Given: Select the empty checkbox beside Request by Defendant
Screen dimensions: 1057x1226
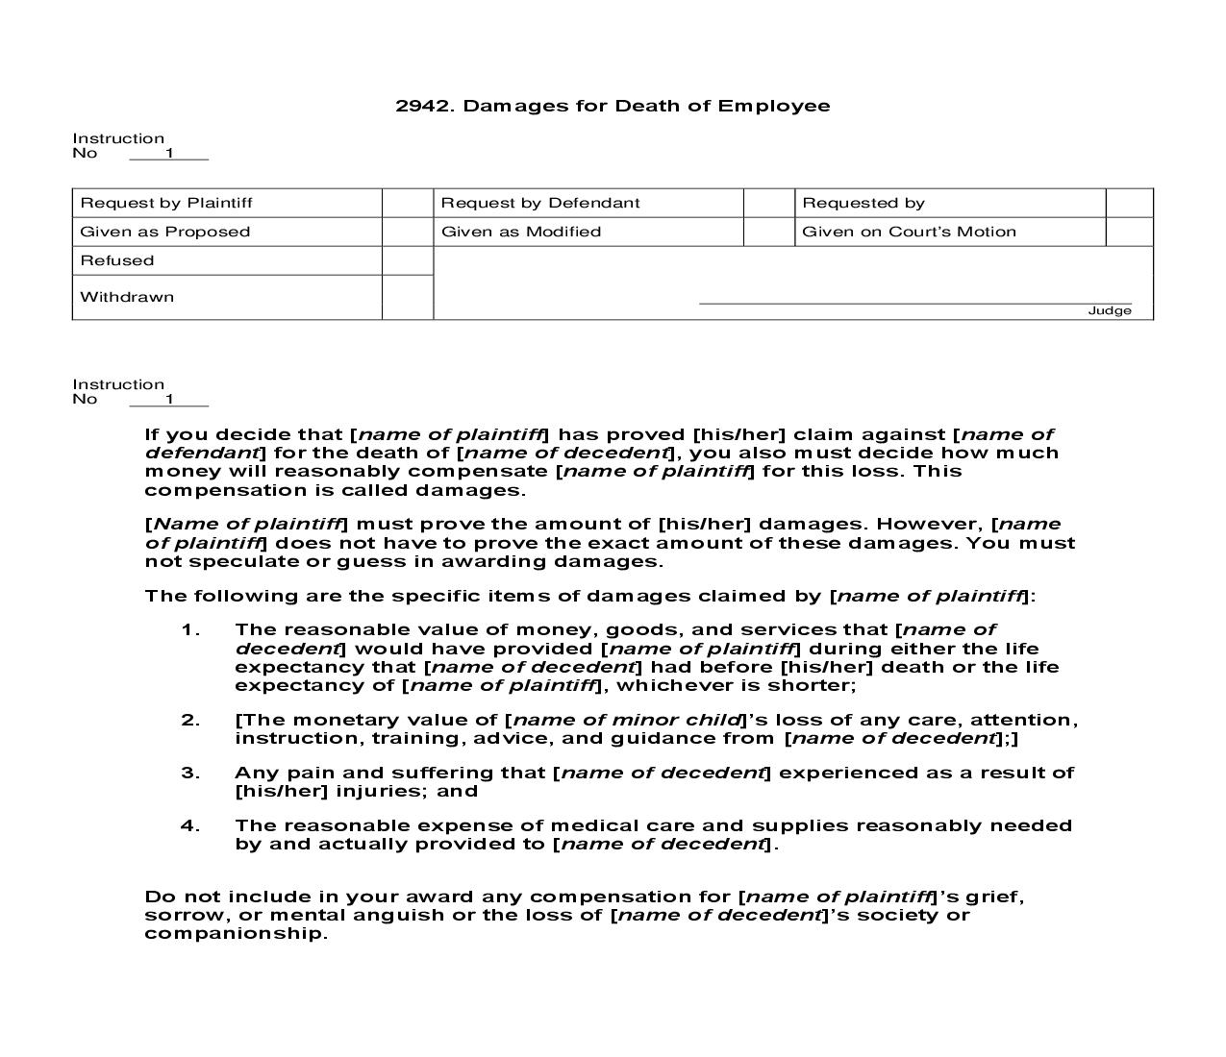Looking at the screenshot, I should (768, 203).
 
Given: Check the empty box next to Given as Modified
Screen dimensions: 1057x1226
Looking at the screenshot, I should (768, 232).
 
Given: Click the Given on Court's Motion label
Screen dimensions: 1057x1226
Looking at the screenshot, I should (908, 232).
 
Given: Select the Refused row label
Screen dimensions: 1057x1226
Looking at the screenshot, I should (117, 260).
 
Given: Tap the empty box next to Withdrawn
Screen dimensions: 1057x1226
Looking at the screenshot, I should (408, 297).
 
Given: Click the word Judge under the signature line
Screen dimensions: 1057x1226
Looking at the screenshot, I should (1109, 310).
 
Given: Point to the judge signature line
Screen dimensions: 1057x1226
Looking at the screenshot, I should (913, 303).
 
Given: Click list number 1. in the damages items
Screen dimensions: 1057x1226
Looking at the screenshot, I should (190, 630).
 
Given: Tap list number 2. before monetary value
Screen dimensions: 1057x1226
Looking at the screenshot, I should (190, 720).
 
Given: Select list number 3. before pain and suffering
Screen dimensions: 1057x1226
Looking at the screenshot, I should (190, 773).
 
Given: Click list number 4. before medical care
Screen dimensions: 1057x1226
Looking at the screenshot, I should (190, 825).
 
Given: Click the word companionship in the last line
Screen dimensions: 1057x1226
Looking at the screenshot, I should (236, 933).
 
